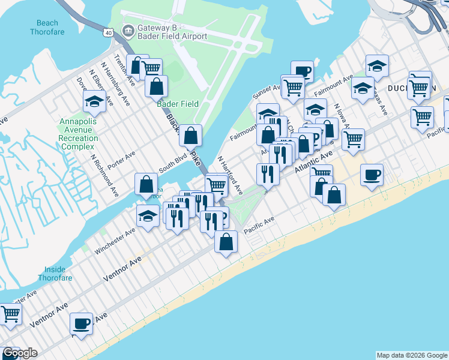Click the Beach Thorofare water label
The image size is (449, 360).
click(x=47, y=28)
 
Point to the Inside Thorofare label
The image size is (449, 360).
click(x=55, y=274)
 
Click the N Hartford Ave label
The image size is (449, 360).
click(x=230, y=175)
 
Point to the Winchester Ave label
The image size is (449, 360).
click(x=114, y=241)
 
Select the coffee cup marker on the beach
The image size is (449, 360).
click(x=372, y=175)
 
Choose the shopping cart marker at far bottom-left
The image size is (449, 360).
click(x=10, y=314)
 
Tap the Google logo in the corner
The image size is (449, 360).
click(x=19, y=353)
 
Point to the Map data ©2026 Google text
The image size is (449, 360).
click(x=411, y=355)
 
